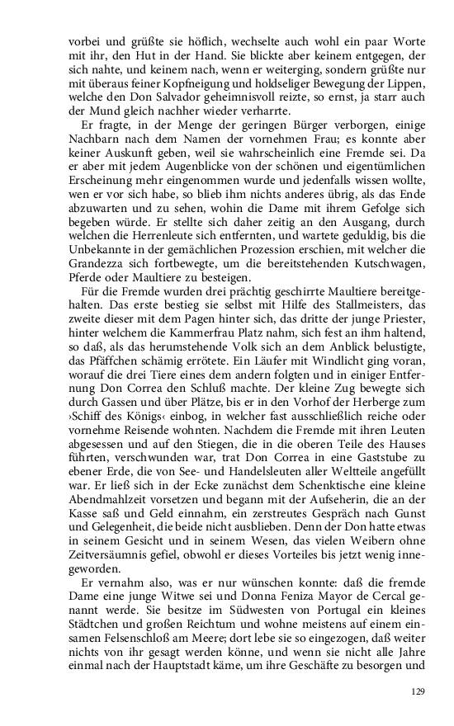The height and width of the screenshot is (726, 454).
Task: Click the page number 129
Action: coord(416,691)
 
